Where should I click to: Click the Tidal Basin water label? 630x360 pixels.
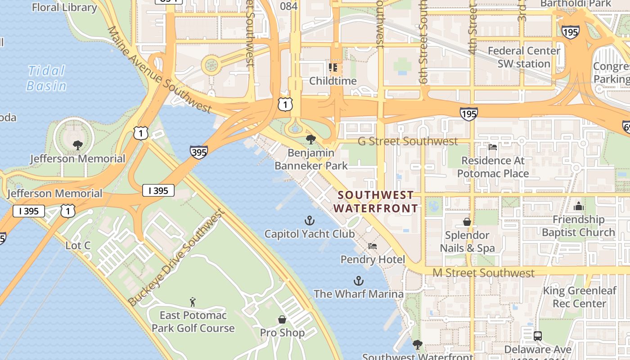(46, 78)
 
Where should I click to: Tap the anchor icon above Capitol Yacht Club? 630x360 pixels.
(310, 220)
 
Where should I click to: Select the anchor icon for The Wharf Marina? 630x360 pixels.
(358, 281)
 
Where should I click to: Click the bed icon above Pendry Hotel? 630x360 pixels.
(373, 246)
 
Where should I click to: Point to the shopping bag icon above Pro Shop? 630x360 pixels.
(282, 319)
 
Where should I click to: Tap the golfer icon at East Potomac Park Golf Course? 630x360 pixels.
(193, 301)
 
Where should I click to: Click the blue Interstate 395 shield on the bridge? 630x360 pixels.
(198, 152)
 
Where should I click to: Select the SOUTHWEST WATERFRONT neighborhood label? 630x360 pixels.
(376, 202)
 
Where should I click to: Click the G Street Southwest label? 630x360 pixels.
(408, 141)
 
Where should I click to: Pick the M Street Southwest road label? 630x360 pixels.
(483, 273)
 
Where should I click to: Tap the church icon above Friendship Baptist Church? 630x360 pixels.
(578, 206)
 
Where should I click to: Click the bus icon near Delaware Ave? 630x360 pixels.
(537, 336)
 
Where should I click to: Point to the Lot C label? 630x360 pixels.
(78, 246)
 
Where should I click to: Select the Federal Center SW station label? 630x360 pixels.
(524, 57)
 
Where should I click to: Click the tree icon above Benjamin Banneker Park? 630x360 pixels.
(310, 139)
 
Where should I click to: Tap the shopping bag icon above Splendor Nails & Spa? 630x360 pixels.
(467, 222)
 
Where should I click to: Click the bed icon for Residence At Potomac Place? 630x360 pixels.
(493, 147)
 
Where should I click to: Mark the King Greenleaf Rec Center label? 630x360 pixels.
(579, 297)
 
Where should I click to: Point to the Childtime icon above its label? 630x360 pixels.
(333, 68)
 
